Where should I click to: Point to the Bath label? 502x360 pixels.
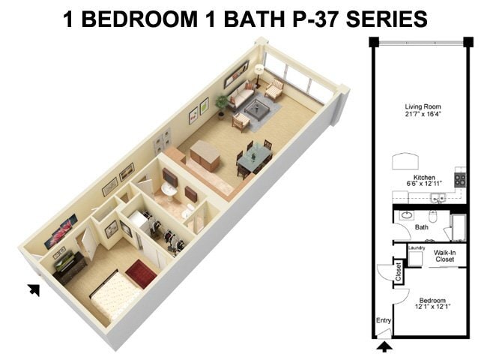point(422,227)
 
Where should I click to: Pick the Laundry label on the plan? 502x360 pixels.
point(417,247)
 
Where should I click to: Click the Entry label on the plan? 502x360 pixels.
point(384,321)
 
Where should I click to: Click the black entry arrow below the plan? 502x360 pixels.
point(384,346)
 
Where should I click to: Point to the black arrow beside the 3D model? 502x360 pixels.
point(34,289)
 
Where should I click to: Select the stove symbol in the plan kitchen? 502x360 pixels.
point(461,179)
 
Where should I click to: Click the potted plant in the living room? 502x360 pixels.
point(222,103)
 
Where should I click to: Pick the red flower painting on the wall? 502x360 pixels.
point(61,230)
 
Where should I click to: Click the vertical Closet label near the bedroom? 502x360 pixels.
point(399,273)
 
